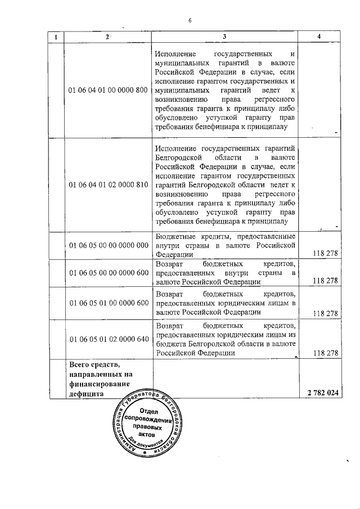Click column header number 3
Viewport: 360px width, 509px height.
[x=224, y=37]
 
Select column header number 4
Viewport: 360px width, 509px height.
[x=319, y=37]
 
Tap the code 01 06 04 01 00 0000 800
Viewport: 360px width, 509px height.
[x=107, y=90]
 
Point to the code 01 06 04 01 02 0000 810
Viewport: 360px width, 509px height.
[x=107, y=184]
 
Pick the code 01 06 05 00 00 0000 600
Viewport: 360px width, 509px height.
[x=107, y=272]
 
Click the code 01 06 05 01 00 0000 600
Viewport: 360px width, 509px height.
[x=107, y=303]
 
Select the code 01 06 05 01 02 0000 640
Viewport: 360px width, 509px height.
[x=107, y=339]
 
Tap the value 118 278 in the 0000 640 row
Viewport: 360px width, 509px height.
[x=324, y=353]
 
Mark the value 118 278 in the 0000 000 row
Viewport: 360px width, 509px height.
[x=324, y=254]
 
